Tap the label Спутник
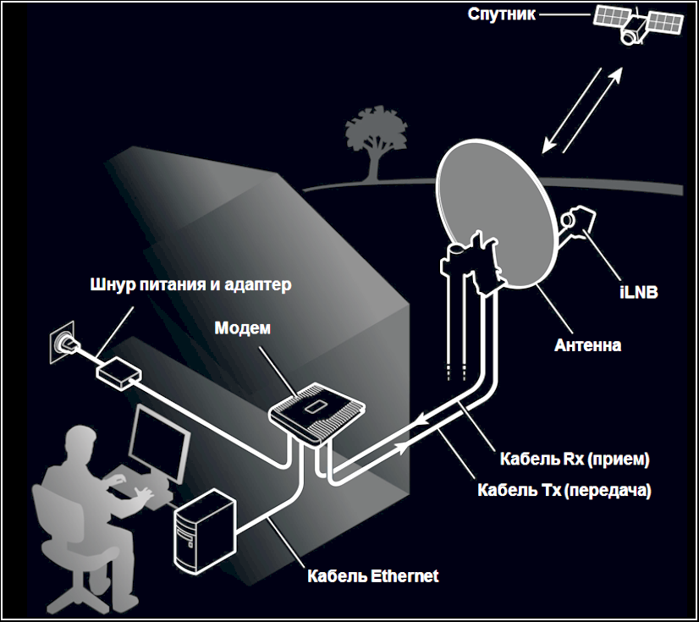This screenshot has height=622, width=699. point(502,14)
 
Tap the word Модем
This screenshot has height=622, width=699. point(242,328)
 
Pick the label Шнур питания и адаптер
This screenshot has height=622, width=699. point(190,284)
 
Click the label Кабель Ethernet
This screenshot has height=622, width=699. point(372,577)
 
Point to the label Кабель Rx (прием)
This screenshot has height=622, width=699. point(574,460)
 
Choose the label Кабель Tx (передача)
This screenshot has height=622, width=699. point(565,489)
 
